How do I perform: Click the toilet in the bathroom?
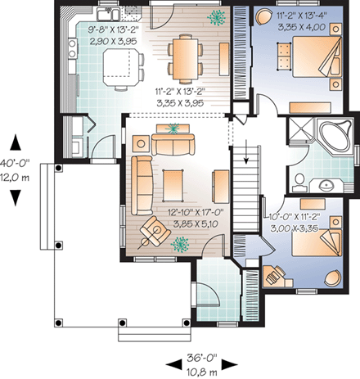pyautogui.click(x=300, y=179)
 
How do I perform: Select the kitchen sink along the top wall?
pyautogui.click(x=107, y=15)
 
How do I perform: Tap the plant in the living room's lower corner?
pyautogui.click(x=180, y=243)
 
